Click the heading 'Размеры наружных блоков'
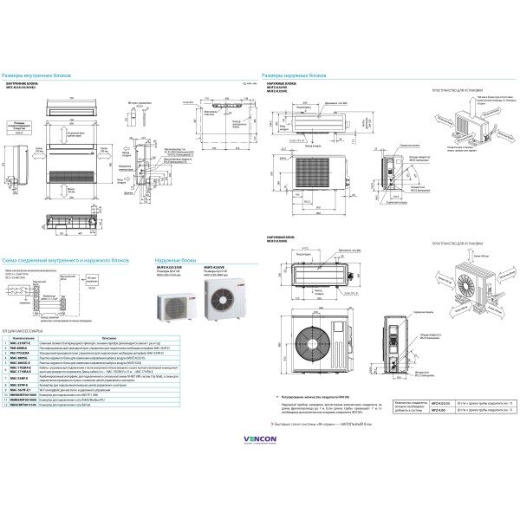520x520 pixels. [295, 76]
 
